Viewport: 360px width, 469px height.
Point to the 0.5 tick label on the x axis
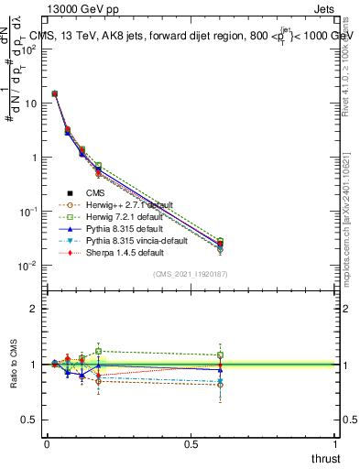point(191,443)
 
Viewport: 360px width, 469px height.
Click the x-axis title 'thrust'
point(327,457)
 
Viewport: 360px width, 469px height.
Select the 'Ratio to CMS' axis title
point(12,364)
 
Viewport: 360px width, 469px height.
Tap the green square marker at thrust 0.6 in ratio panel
point(220,355)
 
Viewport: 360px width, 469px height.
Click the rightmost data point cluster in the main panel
point(220,245)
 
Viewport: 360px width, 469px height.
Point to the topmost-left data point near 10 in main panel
point(55,93)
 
